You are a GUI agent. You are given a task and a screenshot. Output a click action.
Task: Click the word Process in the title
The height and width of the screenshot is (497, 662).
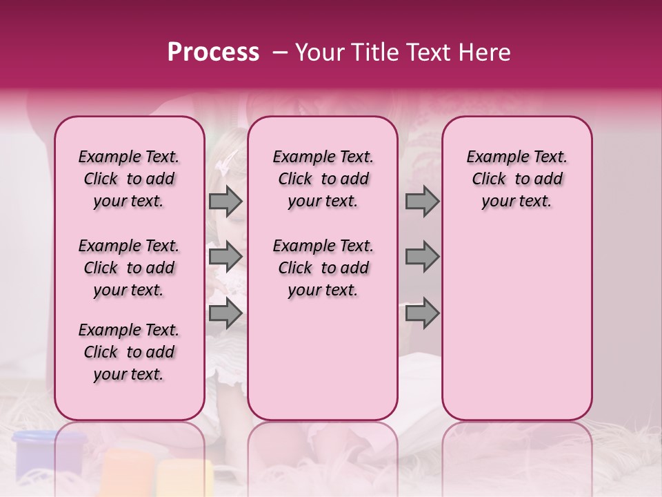click(x=213, y=52)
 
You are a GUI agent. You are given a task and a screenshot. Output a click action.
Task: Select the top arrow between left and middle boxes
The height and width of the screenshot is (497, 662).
click(x=225, y=201)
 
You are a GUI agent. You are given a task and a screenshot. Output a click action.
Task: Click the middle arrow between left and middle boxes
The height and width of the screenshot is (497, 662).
click(x=225, y=257)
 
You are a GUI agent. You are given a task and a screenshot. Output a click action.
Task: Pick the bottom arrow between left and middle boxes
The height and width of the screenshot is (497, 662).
click(x=225, y=313)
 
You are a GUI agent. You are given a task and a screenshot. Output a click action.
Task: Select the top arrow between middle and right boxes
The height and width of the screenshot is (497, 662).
click(x=422, y=201)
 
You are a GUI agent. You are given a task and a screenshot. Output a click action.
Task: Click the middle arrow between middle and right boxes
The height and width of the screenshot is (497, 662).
click(x=422, y=257)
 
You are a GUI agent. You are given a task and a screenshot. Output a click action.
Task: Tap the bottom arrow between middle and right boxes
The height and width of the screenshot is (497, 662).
click(x=422, y=313)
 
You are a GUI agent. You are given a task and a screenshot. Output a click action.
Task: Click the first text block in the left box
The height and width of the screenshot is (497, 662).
click(x=129, y=179)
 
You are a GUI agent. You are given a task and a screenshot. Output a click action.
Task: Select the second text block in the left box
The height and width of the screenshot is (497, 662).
click(x=129, y=268)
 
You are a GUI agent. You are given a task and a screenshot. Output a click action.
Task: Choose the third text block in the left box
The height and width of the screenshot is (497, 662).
click(x=129, y=352)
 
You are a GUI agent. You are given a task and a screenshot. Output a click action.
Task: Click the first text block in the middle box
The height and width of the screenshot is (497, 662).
click(x=323, y=179)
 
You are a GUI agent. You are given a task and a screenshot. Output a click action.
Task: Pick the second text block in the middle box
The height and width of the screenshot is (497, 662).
click(x=323, y=268)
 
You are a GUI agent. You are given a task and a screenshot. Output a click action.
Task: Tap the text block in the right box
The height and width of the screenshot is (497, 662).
click(x=516, y=179)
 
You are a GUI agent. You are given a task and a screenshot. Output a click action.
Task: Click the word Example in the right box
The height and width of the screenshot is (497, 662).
click(x=492, y=157)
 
